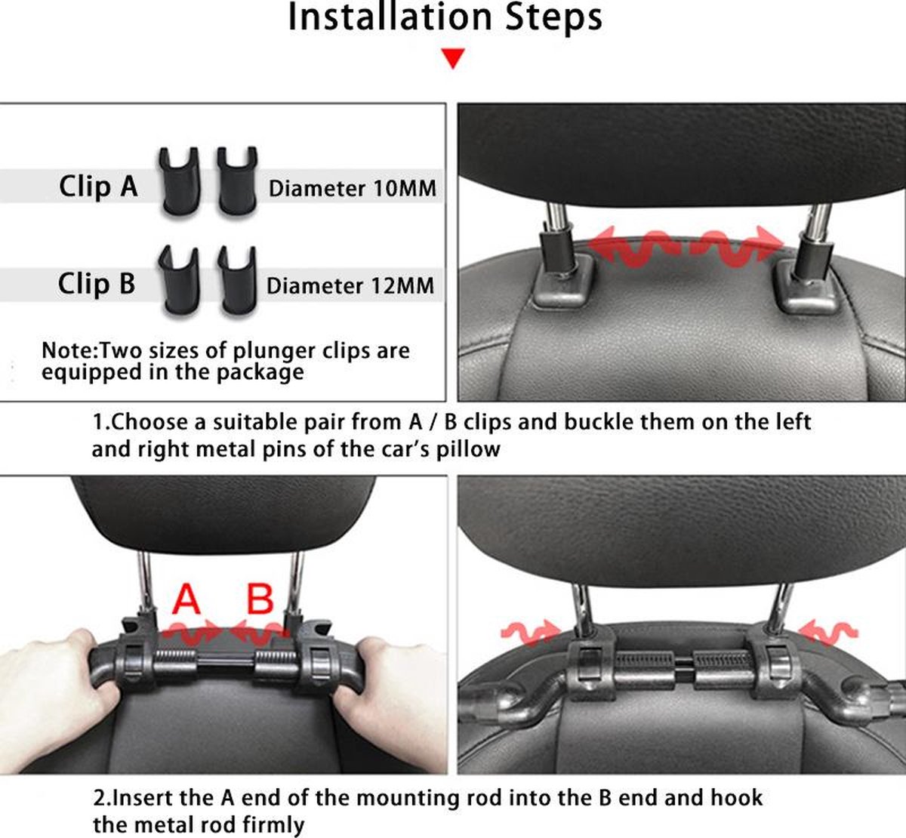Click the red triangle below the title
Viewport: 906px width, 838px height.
[x=453, y=58]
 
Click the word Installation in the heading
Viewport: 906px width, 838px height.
[x=390, y=17]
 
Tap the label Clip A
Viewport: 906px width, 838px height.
[x=98, y=186]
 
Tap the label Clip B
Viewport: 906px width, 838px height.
[x=96, y=283]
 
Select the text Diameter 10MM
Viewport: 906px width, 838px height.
[x=352, y=189]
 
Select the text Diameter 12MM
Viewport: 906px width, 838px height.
[x=350, y=285]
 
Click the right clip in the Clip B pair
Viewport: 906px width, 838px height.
[x=238, y=281]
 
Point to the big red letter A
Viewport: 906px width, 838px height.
[x=186, y=599]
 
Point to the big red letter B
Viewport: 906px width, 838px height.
[x=260, y=599]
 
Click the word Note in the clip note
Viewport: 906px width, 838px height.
[x=67, y=350]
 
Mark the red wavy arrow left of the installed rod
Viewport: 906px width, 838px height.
[x=531, y=633]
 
